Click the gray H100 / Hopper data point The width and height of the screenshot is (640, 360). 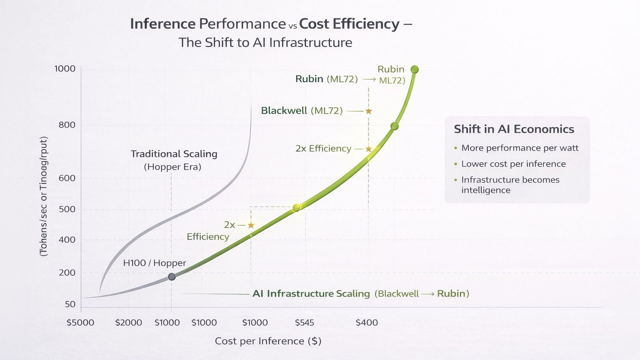coord(172,277)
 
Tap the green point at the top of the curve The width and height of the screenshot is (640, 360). coord(414,69)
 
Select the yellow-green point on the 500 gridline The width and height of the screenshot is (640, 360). coord(296,208)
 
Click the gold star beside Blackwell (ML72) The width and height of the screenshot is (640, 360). coord(368,111)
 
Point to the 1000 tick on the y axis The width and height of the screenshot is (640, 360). coord(65,69)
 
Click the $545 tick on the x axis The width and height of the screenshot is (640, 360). coord(304,322)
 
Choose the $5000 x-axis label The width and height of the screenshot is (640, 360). coord(80,322)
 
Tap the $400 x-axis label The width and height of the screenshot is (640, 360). coord(367,322)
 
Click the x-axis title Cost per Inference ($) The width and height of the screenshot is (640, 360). coord(268,341)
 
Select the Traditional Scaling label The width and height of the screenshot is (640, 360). coord(174,154)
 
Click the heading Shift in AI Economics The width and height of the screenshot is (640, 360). coord(514,129)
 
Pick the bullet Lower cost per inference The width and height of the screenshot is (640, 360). coord(513,164)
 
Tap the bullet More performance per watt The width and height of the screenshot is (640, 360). coord(520,148)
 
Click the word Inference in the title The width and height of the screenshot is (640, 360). coord(163,24)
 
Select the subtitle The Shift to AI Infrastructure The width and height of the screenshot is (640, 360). coord(265,43)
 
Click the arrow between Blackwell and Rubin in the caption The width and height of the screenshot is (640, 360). coord(428,294)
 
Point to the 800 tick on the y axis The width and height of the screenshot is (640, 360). coord(67,125)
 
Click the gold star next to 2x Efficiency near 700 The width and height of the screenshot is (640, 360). coord(368,149)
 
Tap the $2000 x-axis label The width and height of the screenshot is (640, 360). coord(128,322)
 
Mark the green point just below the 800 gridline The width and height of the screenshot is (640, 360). coord(394,126)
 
